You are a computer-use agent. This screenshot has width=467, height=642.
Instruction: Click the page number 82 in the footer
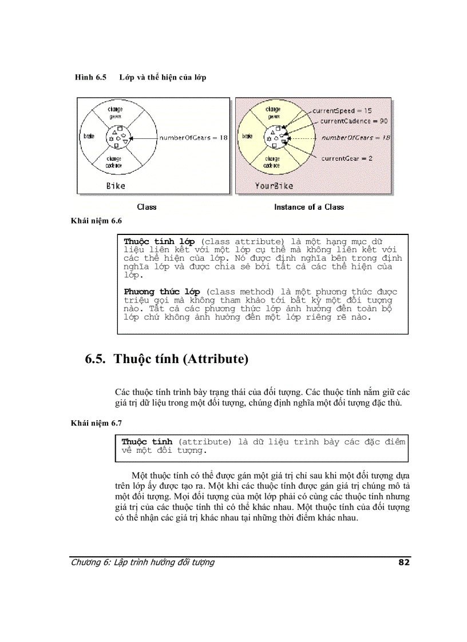[x=403, y=562]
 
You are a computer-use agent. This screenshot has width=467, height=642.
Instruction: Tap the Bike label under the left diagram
[x=115, y=185]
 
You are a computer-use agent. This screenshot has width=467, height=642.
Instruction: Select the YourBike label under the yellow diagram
[x=274, y=185]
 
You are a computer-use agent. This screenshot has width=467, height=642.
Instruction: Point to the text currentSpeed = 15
[x=342, y=110]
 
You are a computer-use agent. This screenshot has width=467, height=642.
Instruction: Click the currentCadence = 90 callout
[x=354, y=121]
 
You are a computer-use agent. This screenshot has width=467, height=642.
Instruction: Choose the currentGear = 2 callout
[x=346, y=158]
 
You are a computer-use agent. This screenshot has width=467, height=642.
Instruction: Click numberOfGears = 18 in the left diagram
[x=193, y=138]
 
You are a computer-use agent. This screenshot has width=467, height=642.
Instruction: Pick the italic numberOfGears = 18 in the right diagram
[x=355, y=138]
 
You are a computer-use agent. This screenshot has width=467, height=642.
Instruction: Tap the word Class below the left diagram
[x=147, y=207]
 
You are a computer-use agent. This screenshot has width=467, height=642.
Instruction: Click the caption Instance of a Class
[x=309, y=207]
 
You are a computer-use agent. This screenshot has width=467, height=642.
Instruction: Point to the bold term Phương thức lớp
[x=161, y=292]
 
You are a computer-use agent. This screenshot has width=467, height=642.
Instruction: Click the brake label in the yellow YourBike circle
[x=247, y=137]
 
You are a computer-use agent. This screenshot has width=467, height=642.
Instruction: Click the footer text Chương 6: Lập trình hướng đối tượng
[x=143, y=562]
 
